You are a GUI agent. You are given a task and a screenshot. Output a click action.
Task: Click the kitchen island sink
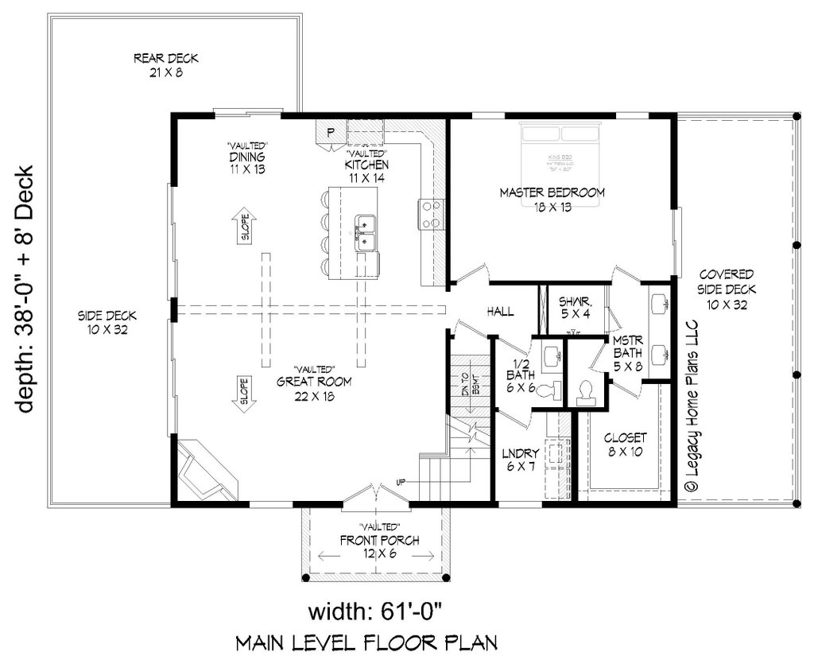365,231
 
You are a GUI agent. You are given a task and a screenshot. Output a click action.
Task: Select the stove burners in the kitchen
431,214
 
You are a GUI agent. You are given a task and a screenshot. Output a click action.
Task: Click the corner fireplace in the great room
204,472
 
